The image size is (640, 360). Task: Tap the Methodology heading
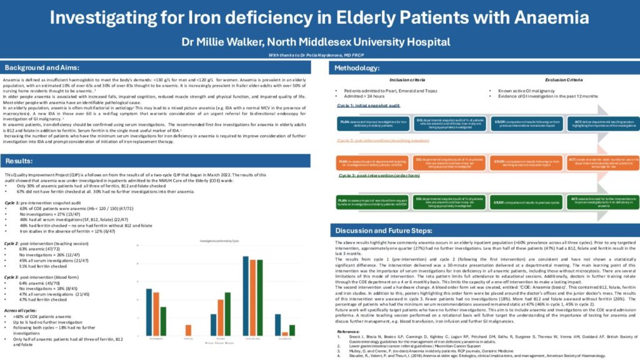tap(362, 67)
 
